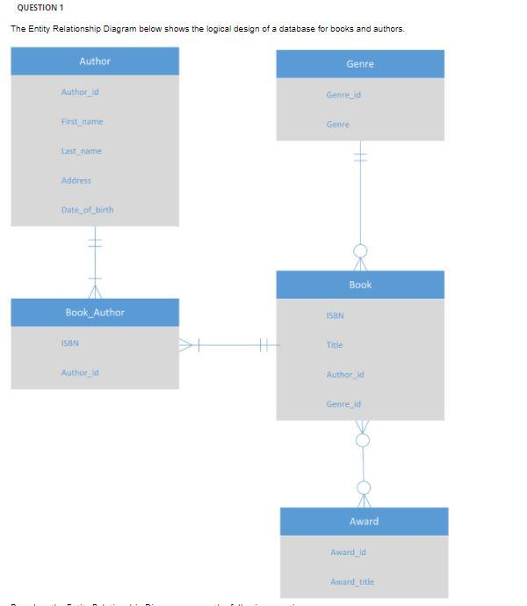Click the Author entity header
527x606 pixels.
(x=95, y=61)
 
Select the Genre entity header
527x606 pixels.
(x=360, y=64)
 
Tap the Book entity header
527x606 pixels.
(x=360, y=285)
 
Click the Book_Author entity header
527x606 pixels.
(x=95, y=313)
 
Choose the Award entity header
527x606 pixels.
(x=364, y=522)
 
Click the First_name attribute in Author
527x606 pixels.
(x=82, y=122)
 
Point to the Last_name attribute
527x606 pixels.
(x=81, y=151)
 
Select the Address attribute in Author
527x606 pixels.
(x=76, y=181)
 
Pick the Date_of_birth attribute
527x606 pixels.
(x=87, y=210)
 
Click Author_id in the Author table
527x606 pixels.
(x=80, y=92)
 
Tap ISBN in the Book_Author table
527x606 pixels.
(x=70, y=343)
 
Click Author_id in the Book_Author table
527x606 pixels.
(x=80, y=373)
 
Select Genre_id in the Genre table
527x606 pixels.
(x=343, y=95)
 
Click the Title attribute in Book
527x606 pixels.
(x=335, y=345)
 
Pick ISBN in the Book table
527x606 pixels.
(x=336, y=315)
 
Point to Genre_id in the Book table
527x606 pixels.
(x=343, y=404)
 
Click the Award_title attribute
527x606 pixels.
(x=352, y=582)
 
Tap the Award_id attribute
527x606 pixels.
(x=348, y=552)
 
